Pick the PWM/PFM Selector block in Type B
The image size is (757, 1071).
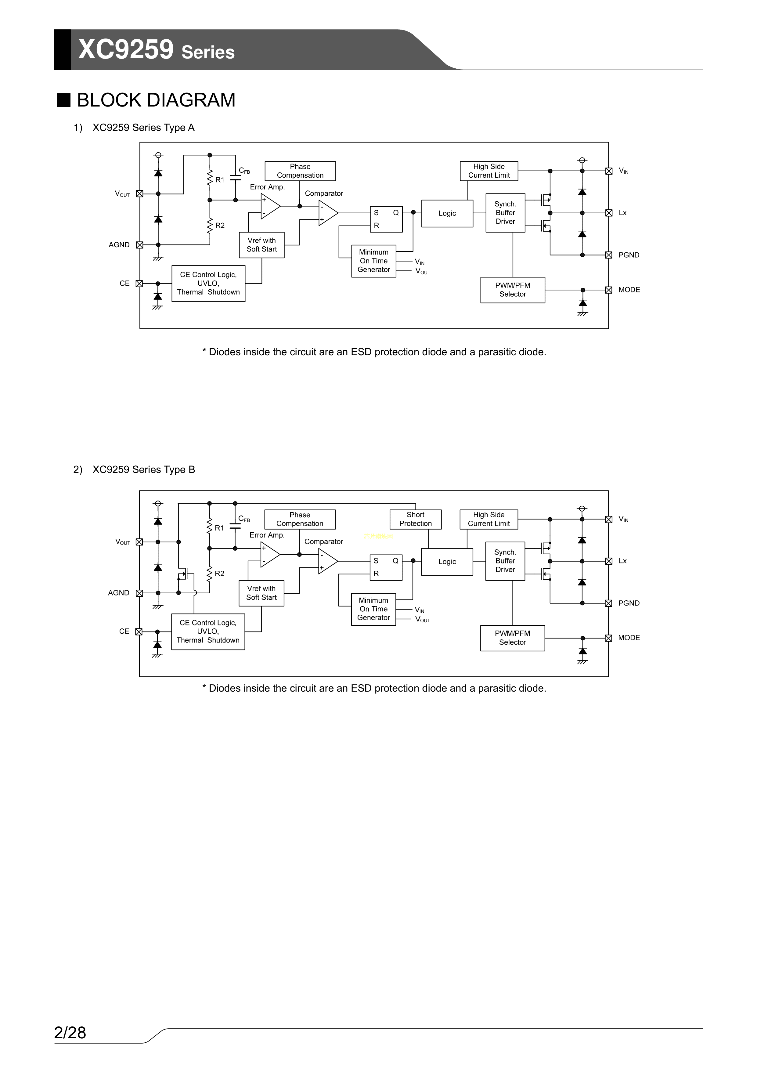coord(512,638)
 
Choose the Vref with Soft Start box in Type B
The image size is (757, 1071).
coord(261,593)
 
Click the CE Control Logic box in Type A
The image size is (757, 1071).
coord(208,284)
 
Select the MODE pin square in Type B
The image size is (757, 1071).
coord(608,638)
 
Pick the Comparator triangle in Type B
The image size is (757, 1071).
coord(327,561)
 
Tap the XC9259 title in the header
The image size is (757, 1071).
coord(126,49)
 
